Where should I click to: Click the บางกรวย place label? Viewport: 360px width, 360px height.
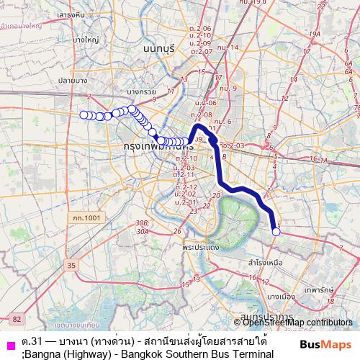tap(140, 92)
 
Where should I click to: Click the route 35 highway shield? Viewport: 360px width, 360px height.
tap(71, 266)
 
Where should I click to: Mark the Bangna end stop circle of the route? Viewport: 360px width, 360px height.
tap(276, 231)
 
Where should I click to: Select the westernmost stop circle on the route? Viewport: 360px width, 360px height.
tap(84, 114)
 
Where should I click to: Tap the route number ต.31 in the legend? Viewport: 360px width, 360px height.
tap(29, 340)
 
